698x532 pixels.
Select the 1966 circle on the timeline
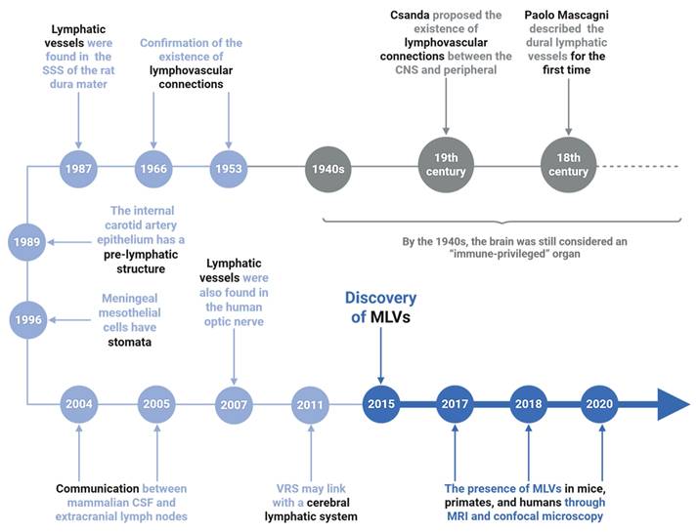pyautogui.click(x=153, y=169)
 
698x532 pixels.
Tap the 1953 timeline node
pyautogui.click(x=227, y=169)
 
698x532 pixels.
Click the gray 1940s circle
pyautogui.click(x=328, y=168)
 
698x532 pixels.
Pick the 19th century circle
pyautogui.click(x=446, y=164)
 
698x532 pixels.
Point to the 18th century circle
pyautogui.click(x=569, y=164)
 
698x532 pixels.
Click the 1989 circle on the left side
pyautogui.click(x=26, y=242)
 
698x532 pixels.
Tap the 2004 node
pyautogui.click(x=77, y=403)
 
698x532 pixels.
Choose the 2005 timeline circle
pyautogui.click(x=156, y=403)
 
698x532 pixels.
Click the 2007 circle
pyautogui.click(x=235, y=403)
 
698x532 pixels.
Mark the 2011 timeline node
pyautogui.click(x=310, y=403)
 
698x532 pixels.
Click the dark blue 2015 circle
pyautogui.click(x=380, y=403)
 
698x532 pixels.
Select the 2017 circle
pyautogui.click(x=456, y=403)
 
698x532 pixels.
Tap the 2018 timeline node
pyautogui.click(x=528, y=403)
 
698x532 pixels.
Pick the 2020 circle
pyautogui.click(x=601, y=403)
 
